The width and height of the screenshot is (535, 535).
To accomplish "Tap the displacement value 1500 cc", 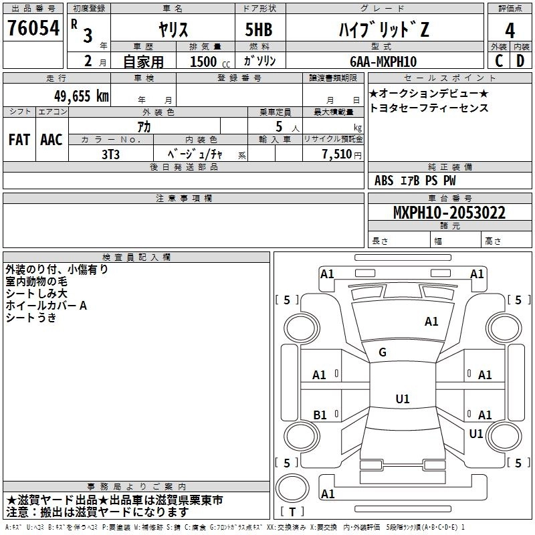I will (203, 62).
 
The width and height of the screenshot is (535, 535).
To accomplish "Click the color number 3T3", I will (112, 154).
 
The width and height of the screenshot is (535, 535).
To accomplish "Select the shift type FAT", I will (19, 140).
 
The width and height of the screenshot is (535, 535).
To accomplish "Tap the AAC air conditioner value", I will (51, 140).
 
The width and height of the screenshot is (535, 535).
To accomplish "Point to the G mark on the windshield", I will (383, 352).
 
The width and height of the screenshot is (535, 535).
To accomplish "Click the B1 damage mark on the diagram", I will (320, 415).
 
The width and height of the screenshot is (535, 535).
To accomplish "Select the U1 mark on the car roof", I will (402, 399).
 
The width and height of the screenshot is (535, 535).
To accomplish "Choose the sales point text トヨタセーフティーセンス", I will (429, 108).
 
